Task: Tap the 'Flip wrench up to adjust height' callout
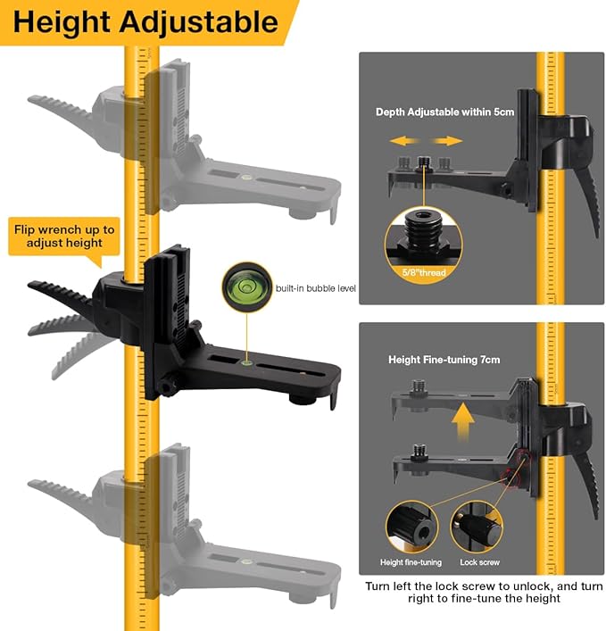click(63, 236)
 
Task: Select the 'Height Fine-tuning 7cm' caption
click(444, 360)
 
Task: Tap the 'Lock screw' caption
click(480, 562)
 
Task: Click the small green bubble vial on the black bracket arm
click(245, 362)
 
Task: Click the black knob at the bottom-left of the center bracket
click(167, 386)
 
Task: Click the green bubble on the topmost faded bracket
click(245, 179)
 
